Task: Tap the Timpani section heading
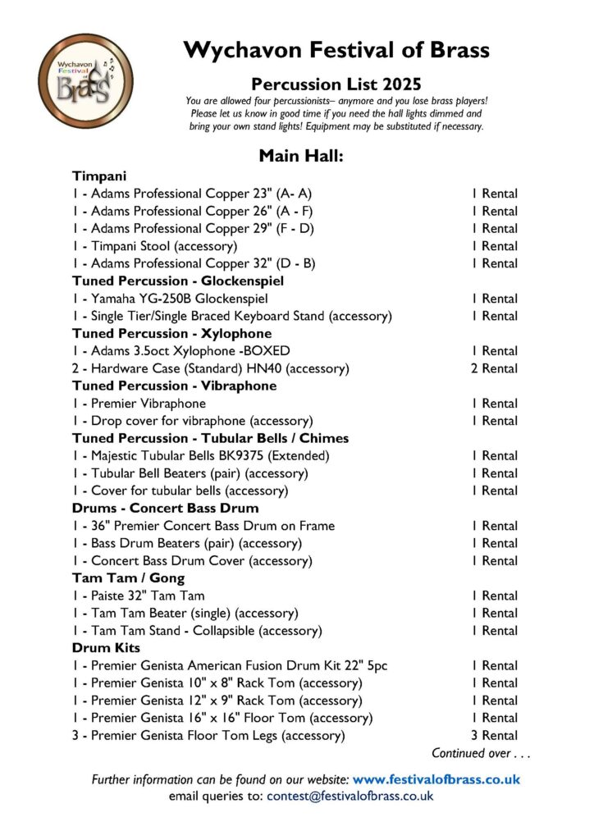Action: point(98,176)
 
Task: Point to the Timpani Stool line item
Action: point(154,246)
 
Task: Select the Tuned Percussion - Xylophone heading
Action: point(171,334)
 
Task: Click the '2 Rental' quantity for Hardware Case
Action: point(494,368)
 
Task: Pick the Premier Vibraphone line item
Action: point(139,404)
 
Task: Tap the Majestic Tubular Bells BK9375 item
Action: point(200,456)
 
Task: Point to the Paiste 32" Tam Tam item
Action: point(138,596)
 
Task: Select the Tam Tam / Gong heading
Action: point(128,578)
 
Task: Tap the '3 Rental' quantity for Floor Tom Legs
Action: point(494,736)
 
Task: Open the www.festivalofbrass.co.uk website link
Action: point(436,779)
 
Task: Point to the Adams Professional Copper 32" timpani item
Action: point(193,263)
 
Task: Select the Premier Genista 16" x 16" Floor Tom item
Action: point(222,718)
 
